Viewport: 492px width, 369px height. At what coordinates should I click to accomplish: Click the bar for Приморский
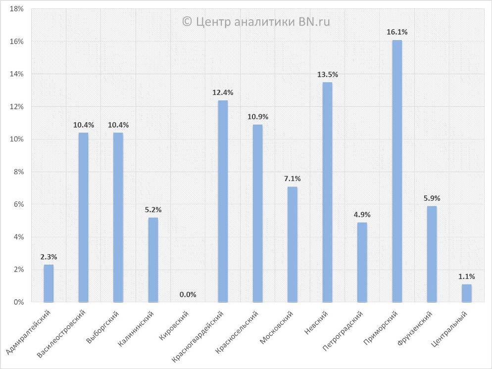click(397, 171)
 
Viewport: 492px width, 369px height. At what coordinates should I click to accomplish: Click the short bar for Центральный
click(467, 293)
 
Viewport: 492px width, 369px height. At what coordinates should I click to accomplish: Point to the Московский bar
click(293, 244)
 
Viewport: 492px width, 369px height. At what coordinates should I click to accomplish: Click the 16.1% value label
click(397, 32)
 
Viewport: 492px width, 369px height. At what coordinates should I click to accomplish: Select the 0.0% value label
click(188, 295)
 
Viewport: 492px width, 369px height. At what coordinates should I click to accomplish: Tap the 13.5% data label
click(328, 75)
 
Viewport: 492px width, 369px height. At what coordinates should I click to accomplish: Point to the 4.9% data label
click(362, 215)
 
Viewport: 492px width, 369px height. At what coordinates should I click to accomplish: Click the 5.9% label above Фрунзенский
click(432, 198)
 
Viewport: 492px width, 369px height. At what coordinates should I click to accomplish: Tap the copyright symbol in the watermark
click(187, 21)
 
